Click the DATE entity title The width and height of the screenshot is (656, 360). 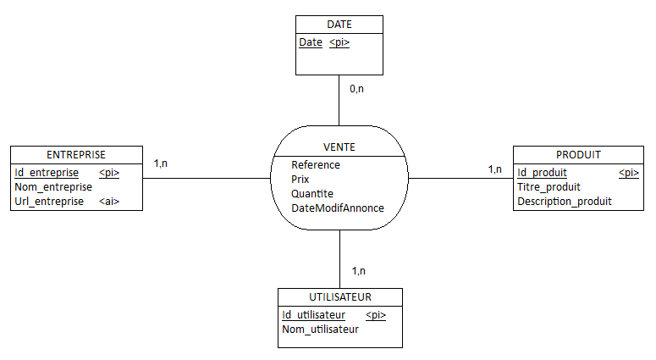pyautogui.click(x=339, y=25)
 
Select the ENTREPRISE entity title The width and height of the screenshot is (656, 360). pyautogui.click(x=76, y=155)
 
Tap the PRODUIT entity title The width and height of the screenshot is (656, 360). pyautogui.click(x=578, y=155)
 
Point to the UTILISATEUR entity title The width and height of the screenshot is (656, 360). pyautogui.click(x=340, y=297)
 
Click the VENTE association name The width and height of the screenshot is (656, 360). pyautogui.click(x=339, y=147)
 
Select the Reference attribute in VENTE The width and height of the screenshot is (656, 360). pyautogui.click(x=316, y=165)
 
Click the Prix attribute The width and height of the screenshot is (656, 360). pyautogui.click(x=300, y=180)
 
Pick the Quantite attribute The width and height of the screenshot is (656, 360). pyautogui.click(x=312, y=194)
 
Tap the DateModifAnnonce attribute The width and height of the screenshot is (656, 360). pyautogui.click(x=338, y=208)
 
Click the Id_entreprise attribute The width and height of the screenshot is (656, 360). pyautogui.click(x=47, y=173)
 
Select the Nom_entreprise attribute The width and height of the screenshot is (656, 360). pyautogui.click(x=53, y=187)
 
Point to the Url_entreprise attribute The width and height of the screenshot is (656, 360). pyautogui.click(x=49, y=202)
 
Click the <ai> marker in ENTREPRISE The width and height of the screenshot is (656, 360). pyautogui.click(x=109, y=202)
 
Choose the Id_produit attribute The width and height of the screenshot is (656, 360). pyautogui.click(x=542, y=173)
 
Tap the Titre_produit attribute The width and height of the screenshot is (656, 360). pyautogui.click(x=549, y=187)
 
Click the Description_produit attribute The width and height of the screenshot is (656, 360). pyautogui.click(x=564, y=202)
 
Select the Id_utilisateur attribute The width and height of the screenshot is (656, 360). pyautogui.click(x=313, y=315)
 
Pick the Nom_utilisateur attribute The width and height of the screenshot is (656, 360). pyautogui.click(x=320, y=330)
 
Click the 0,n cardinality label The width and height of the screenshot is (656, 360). pyautogui.click(x=356, y=88)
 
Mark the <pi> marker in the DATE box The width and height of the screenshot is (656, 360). pyautogui.click(x=339, y=42)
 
